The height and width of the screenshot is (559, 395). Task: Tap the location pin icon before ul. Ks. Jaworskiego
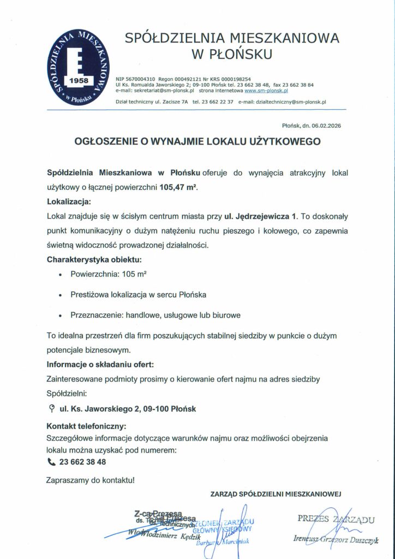tap(51, 407)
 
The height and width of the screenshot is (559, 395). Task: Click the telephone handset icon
tap(52, 462)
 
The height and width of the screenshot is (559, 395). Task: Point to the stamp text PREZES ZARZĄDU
tap(336, 518)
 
